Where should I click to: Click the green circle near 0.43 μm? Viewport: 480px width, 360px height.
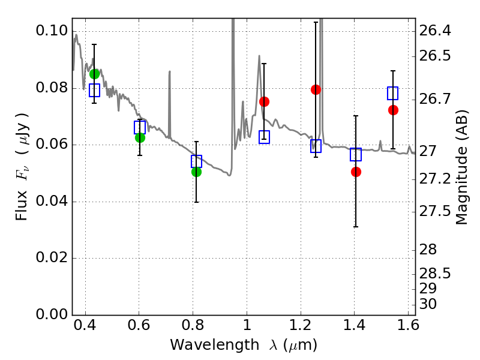pos(95,74)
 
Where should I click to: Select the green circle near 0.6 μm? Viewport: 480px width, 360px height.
pos(140,138)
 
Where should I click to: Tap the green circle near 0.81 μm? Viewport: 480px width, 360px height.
pos(197,172)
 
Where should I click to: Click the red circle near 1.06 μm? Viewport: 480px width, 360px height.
pos(264,101)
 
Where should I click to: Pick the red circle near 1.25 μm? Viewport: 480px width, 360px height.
pos(316,89)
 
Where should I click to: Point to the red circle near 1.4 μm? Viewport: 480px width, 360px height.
pos(356,172)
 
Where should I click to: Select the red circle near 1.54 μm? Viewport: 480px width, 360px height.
pos(393,110)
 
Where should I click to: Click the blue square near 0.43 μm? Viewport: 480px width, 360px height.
pos(95,91)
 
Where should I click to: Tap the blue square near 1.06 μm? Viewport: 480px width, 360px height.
pos(264,137)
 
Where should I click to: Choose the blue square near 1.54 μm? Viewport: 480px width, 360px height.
pos(392,93)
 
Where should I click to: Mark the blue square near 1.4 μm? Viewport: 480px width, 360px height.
pos(356,154)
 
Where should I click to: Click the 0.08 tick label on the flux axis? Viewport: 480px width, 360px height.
pos(52,88)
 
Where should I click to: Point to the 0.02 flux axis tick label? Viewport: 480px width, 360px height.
pos(52,258)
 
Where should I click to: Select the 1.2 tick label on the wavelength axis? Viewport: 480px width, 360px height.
pos(301,326)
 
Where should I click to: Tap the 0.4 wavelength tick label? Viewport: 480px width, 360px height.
pos(85,326)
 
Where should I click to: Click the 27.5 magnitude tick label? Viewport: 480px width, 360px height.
pos(434,212)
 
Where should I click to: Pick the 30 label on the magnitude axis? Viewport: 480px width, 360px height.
pos(428,304)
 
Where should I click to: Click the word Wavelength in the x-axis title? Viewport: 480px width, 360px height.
pos(215,345)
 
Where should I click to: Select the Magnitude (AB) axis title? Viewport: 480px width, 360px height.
pos(462,167)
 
